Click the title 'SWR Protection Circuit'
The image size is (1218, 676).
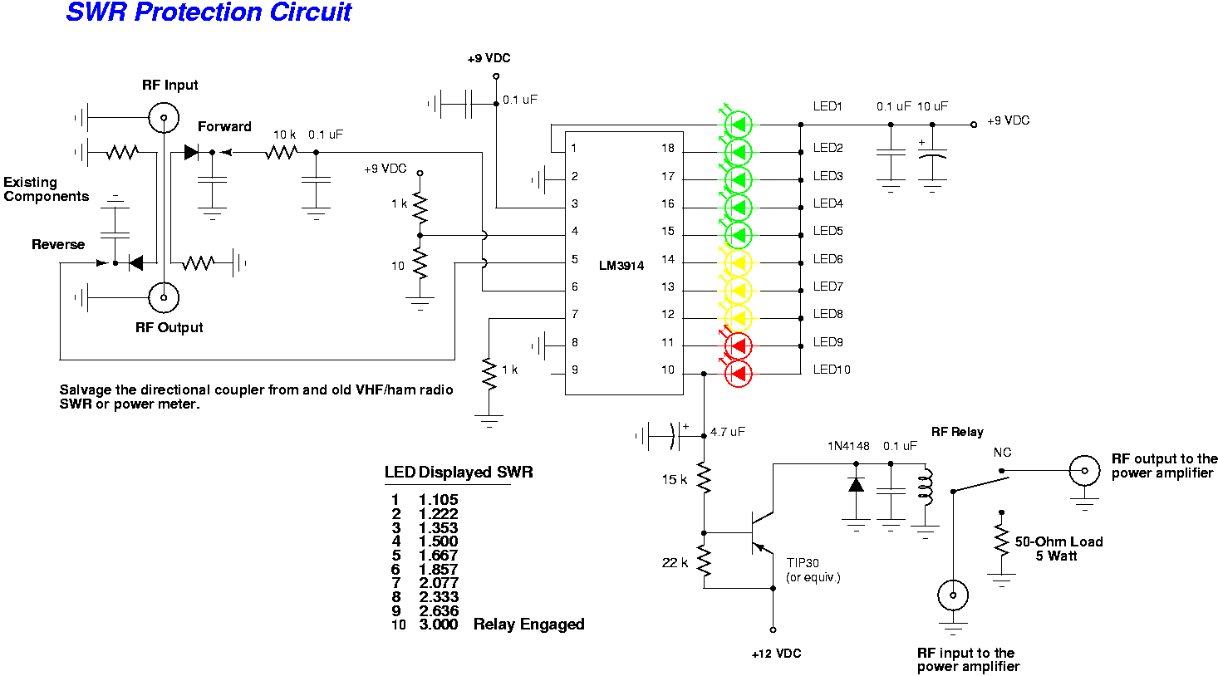tap(209, 12)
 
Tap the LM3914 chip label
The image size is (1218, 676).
tap(621, 266)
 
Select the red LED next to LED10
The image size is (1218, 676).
tap(739, 374)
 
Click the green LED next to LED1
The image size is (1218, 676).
tap(739, 125)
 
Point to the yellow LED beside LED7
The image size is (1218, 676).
tap(739, 291)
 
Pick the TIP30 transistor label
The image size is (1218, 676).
tap(803, 563)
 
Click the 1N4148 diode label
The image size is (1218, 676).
tap(848, 446)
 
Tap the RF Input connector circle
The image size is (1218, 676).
tap(164, 118)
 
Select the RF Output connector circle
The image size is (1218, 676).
tap(164, 296)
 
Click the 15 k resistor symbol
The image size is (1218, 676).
tap(704, 479)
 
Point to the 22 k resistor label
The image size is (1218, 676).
tap(675, 563)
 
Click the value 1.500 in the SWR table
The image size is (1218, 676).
tap(438, 541)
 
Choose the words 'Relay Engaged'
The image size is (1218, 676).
tap(528, 625)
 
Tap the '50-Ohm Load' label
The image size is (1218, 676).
tap(1058, 541)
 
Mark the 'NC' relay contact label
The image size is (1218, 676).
tap(1002, 453)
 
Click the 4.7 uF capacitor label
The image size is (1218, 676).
tap(727, 432)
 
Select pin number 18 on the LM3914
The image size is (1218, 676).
tap(668, 148)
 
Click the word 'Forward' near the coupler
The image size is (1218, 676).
tap(224, 126)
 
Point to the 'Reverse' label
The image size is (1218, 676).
tap(58, 244)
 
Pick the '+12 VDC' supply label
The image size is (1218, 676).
tap(776, 654)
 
